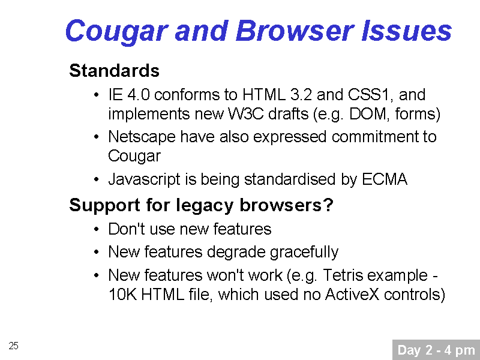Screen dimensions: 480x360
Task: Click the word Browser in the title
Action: coord(295,31)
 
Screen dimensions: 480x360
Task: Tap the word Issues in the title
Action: coord(407,31)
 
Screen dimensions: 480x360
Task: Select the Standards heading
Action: coord(114,71)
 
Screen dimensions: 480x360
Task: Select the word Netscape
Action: coord(142,137)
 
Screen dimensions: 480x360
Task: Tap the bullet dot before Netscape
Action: coord(97,137)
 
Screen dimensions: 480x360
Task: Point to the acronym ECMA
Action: coord(385,179)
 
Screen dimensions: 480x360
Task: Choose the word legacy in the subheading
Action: coord(205,206)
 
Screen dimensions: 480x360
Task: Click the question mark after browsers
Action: coord(328,205)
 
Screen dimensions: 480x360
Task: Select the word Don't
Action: coord(126,229)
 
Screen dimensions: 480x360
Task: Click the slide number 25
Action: coord(13,346)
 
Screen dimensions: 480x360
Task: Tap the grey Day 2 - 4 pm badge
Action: coord(436,350)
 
